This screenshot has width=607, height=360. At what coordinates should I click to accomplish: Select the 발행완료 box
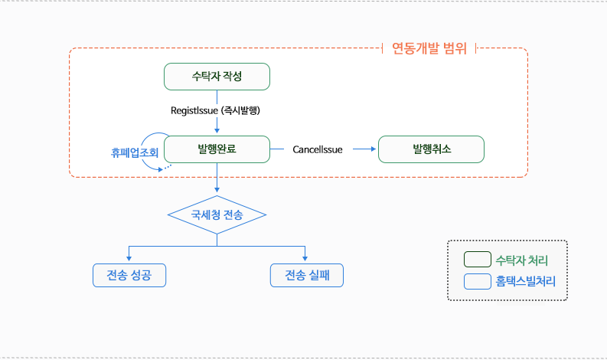pos(217,149)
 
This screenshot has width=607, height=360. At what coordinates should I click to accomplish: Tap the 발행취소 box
pos(432,149)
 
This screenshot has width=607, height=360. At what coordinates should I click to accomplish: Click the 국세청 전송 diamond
pos(217,215)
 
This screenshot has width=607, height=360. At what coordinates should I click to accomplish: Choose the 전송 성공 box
pos(129,275)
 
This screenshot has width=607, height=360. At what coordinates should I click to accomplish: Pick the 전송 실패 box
pos(306,275)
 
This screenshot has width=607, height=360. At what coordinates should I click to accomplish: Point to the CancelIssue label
pos(318,149)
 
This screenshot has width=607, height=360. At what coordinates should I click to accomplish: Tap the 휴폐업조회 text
pos(134,152)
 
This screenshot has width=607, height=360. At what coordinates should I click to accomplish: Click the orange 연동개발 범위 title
pos(429,50)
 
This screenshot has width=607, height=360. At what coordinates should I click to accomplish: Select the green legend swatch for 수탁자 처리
pos(478,260)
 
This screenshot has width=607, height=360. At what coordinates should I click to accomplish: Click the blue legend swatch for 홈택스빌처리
pos(478,281)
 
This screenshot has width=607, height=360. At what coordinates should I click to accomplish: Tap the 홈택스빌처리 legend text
pos(526,281)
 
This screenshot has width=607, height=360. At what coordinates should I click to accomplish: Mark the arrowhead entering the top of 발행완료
pos(217,132)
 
